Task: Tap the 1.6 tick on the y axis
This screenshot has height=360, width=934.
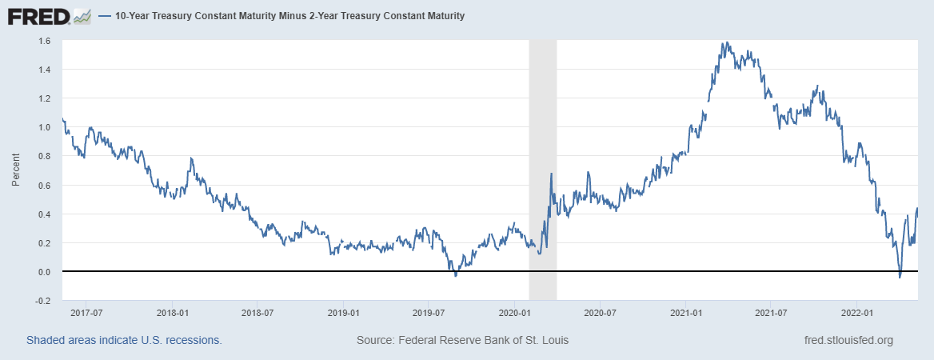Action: [45, 41]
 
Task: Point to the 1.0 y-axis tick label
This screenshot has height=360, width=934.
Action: [45, 127]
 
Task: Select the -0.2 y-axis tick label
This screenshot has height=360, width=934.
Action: [43, 301]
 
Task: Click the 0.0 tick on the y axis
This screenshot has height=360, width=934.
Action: [45, 272]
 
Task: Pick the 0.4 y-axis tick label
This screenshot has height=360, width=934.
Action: [45, 214]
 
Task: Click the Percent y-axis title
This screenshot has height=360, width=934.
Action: [15, 170]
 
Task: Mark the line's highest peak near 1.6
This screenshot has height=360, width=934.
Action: [724, 42]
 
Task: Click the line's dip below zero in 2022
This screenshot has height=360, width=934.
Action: [900, 277]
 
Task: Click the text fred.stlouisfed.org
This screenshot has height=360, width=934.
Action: [848, 341]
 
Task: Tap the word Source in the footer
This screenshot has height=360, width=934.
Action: [374, 341]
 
